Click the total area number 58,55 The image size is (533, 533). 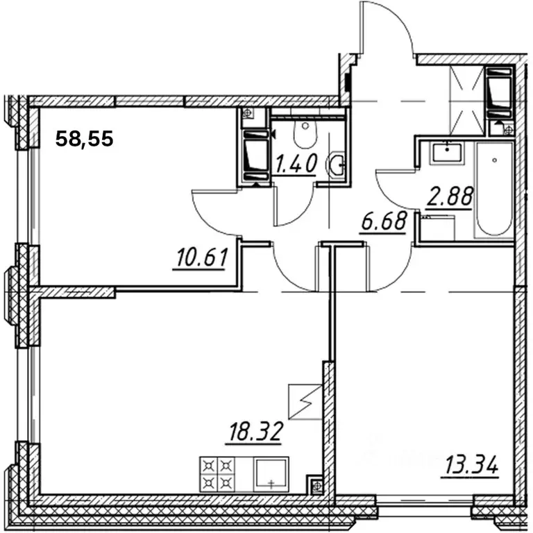pyautogui.click(x=84, y=139)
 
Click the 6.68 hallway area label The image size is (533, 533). pyautogui.click(x=384, y=221)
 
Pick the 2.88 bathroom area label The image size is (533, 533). pyautogui.click(x=450, y=197)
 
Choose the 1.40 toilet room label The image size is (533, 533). pyautogui.click(x=296, y=164)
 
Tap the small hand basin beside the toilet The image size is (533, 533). pyautogui.click(x=336, y=164)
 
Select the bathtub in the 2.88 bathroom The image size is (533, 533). pyautogui.click(x=495, y=189)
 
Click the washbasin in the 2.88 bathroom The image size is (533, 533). pyautogui.click(x=447, y=153)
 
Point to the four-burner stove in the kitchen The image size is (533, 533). pyautogui.click(x=217, y=474)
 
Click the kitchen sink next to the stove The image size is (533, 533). pyautogui.click(x=271, y=474)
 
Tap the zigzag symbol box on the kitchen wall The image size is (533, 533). pyautogui.click(x=305, y=402)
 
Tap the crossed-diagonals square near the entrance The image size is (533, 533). pyautogui.click(x=466, y=101)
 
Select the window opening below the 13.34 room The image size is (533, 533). pyautogui.click(x=425, y=501)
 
